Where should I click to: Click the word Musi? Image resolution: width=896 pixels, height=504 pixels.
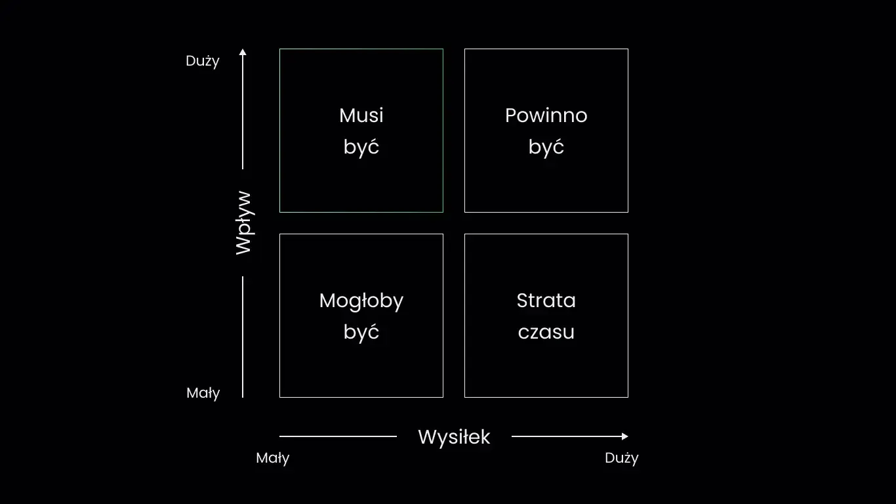[361, 115]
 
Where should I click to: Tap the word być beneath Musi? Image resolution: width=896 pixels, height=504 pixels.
[361, 147]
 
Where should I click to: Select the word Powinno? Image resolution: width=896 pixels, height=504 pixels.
[546, 115]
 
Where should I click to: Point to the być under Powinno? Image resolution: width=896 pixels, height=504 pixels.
[546, 147]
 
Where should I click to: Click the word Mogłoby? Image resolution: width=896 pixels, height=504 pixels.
[361, 301]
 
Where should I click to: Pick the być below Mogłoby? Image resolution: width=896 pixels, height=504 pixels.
[361, 332]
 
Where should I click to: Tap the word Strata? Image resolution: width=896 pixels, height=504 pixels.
[546, 301]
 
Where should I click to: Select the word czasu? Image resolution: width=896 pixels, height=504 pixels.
[546, 332]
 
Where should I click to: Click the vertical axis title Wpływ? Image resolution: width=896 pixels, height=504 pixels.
[243, 222]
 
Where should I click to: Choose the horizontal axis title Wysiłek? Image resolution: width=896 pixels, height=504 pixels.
[454, 437]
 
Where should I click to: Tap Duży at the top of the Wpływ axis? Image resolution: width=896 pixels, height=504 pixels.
[203, 61]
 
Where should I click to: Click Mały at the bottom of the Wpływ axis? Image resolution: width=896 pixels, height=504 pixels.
[203, 393]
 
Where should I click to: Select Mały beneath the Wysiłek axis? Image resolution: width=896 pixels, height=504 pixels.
[273, 458]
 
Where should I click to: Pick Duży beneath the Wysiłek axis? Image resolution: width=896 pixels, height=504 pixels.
[621, 458]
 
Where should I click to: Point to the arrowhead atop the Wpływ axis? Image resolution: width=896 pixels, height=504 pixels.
[243, 52]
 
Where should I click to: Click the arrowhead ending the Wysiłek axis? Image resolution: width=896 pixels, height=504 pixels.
[624, 436]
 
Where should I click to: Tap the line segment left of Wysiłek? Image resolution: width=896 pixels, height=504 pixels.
[338, 436]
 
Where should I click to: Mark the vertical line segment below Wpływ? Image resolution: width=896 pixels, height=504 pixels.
[243, 337]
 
